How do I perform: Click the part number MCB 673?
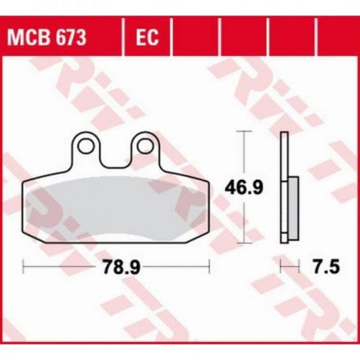[x=46, y=37]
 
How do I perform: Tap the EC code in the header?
[x=147, y=37]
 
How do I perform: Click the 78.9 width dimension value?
[x=122, y=267]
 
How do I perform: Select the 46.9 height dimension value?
[x=244, y=187]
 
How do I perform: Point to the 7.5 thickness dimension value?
[x=327, y=267]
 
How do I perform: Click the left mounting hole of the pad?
[x=86, y=146]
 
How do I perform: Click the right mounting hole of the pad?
[x=145, y=146]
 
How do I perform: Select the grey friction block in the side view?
[x=293, y=208]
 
